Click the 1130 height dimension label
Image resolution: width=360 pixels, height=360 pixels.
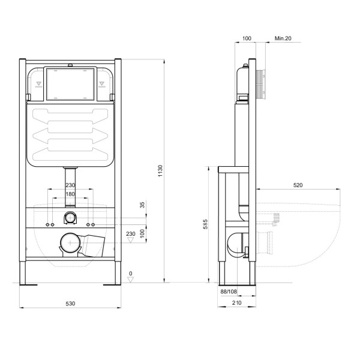click(160, 170)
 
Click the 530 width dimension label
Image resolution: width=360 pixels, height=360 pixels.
click(70, 304)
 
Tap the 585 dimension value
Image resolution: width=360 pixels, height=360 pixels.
click(205, 224)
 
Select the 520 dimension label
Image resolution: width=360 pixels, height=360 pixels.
click(298, 185)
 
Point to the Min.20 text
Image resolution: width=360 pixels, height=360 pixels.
click(283, 38)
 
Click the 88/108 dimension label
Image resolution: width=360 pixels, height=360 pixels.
click(229, 292)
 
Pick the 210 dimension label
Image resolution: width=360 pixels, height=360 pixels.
click(236, 303)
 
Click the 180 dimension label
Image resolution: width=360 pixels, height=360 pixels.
click(70, 194)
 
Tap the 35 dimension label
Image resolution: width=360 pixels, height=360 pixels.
click(142, 205)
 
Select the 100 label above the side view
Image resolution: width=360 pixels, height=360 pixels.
click(247, 38)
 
